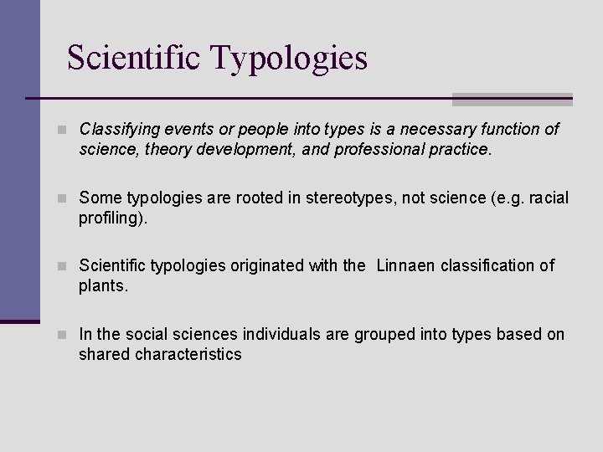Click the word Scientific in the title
[x=134, y=58]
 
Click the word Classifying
[x=117, y=130]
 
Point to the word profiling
[x=112, y=218]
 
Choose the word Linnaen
[x=407, y=266]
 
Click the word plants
[x=102, y=286]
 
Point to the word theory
[x=158, y=150]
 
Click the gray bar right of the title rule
[x=512, y=100]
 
